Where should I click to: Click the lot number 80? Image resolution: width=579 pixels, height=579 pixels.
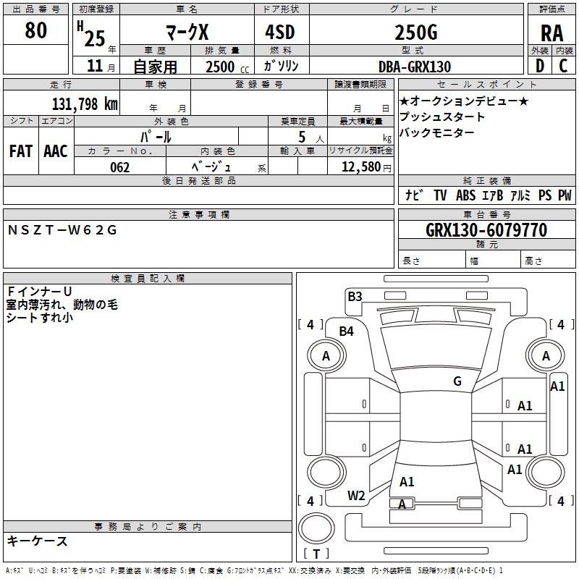[x=35, y=30]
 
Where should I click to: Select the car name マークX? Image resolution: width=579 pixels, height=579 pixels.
[x=187, y=32]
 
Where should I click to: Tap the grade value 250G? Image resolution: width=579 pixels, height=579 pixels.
[x=416, y=32]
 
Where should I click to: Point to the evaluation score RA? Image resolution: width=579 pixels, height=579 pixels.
[x=551, y=33]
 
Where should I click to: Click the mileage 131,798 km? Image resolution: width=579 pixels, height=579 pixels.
[x=85, y=103]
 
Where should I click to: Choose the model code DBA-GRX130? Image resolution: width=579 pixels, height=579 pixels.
[x=415, y=67]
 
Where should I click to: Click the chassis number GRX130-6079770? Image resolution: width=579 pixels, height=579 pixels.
[x=486, y=229]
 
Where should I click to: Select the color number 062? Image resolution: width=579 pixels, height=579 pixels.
[x=120, y=167]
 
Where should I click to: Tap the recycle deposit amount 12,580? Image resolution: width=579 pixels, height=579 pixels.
[x=360, y=166]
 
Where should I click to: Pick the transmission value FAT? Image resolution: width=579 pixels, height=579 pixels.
[x=21, y=151]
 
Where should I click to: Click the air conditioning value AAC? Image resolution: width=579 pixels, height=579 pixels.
[x=56, y=151]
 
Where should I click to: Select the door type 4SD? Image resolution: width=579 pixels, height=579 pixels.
[x=280, y=32]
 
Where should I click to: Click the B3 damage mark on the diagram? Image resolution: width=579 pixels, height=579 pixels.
[x=355, y=297]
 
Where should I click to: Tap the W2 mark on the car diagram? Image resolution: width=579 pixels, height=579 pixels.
[x=356, y=496]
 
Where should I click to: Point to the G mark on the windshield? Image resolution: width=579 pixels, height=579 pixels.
[x=457, y=381]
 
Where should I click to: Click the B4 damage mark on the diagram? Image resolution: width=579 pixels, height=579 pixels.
[x=347, y=331]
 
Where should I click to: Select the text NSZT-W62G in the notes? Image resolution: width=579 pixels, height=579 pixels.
[x=62, y=230]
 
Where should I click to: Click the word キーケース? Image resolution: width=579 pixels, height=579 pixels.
[x=38, y=541]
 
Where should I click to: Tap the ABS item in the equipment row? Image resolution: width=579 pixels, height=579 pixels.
[x=465, y=195]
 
